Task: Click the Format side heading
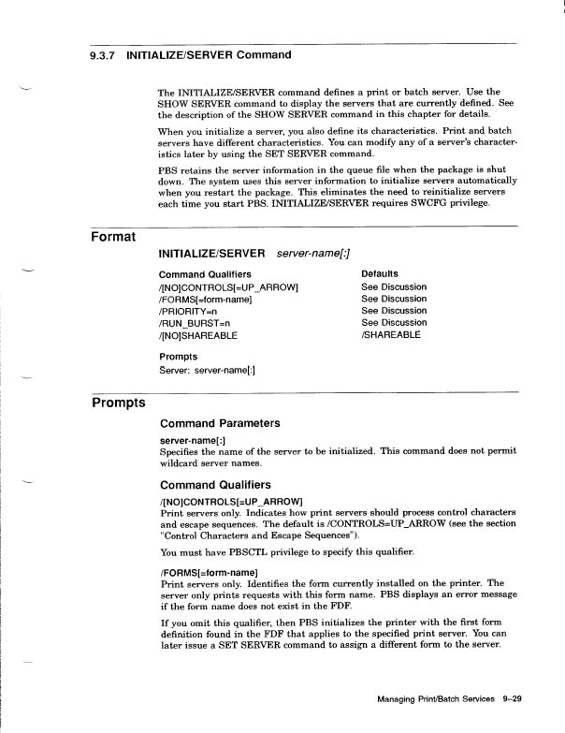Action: [x=113, y=236]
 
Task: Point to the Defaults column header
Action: [x=380, y=273]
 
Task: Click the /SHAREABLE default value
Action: [x=391, y=334]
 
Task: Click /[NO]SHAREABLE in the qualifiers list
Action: [x=199, y=334]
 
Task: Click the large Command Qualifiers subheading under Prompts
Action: [x=215, y=485]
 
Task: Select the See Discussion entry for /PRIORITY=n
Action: [x=394, y=310]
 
